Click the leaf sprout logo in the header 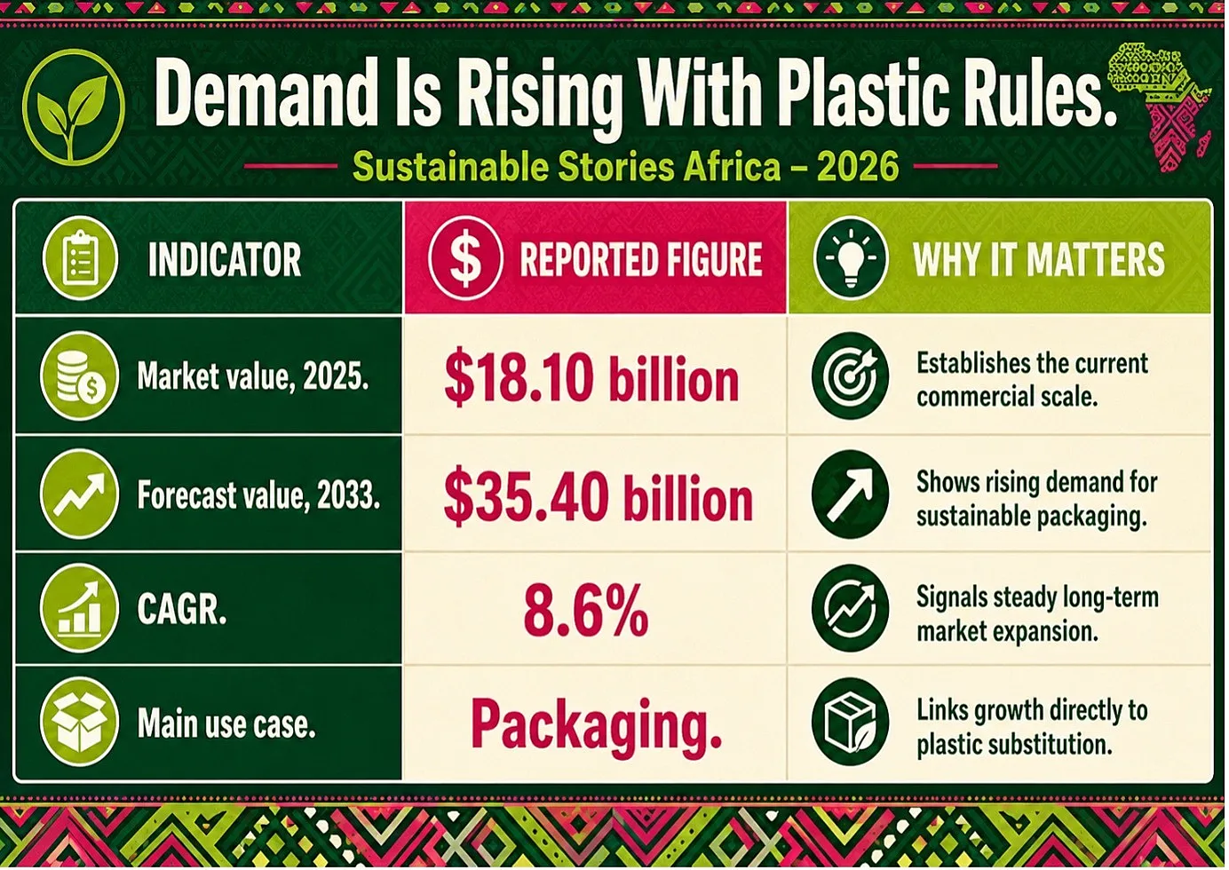(74, 107)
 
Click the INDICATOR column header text (225, 259)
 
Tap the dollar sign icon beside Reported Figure (465, 258)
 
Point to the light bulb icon (851, 258)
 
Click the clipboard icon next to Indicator (80, 258)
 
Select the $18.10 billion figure (591, 378)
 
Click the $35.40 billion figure (598, 497)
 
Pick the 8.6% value (586, 610)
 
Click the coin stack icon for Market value (80, 376)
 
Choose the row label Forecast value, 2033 (258, 494)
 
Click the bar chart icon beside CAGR (80, 609)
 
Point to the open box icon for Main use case (80, 722)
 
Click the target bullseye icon (851, 376)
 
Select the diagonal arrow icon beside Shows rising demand (851, 494)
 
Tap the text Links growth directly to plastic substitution (1032, 727)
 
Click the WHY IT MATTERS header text (1039, 259)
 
